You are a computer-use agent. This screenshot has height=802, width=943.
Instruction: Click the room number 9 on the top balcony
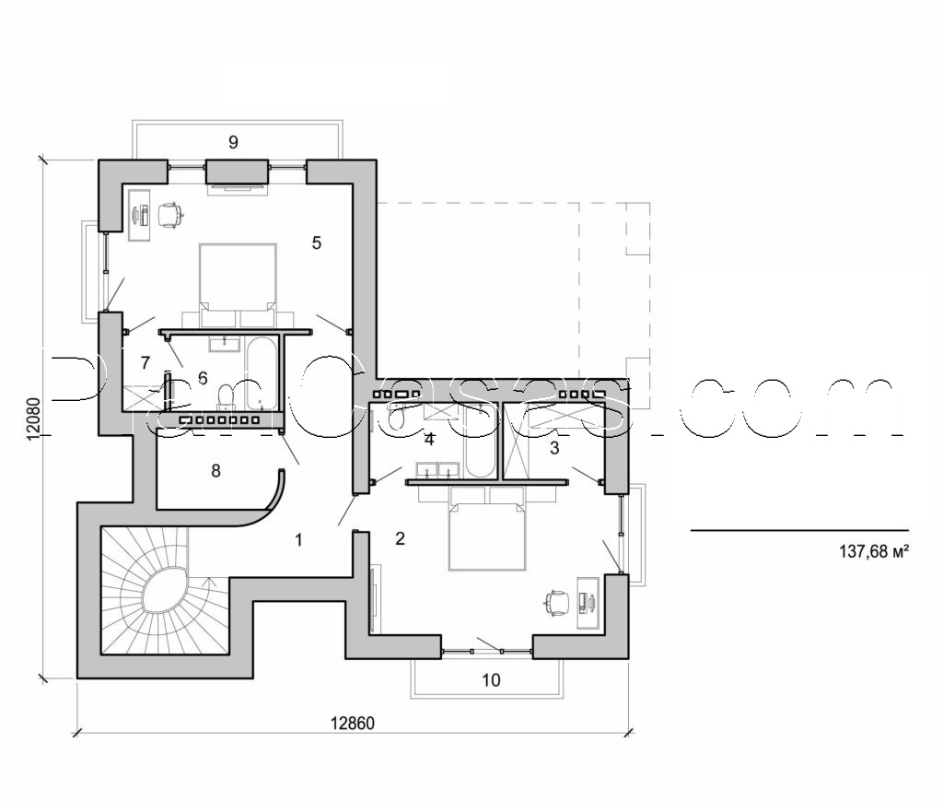tap(233, 142)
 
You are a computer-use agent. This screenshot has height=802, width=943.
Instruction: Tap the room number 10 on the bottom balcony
tap(491, 680)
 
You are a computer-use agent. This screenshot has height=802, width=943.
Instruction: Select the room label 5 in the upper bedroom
tap(316, 243)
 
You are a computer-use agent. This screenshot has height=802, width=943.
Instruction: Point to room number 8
tap(215, 470)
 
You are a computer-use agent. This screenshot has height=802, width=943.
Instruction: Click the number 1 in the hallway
tap(297, 539)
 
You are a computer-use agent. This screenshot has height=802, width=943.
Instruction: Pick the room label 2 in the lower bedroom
tap(400, 538)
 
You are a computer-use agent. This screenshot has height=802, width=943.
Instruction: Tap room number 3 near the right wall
tap(553, 449)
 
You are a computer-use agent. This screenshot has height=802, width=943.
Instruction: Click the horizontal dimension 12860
tap(355, 722)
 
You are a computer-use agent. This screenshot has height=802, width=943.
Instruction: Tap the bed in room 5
tap(238, 277)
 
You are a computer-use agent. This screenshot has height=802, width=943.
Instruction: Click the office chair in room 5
tap(170, 215)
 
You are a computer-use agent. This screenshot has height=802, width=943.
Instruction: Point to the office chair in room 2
tap(555, 603)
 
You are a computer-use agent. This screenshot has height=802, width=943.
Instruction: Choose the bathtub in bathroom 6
tap(262, 374)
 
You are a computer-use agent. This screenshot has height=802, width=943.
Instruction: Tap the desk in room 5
tap(139, 215)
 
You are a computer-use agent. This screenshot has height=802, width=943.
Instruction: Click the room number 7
tap(145, 363)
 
